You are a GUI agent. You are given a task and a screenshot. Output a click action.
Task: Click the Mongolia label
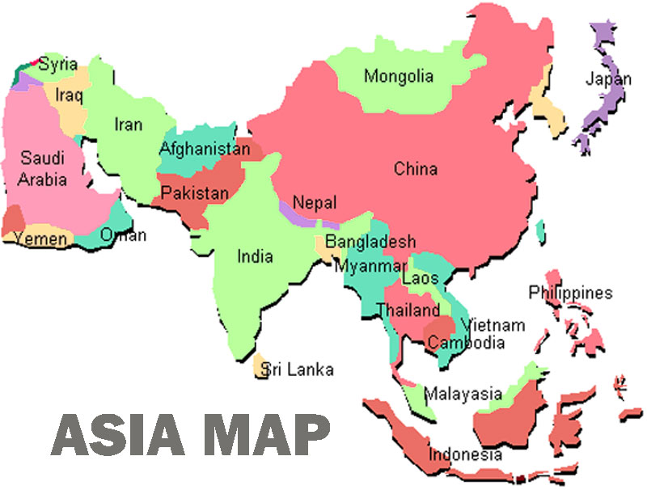[x=398, y=77]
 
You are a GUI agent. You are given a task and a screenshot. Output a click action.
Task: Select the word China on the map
[x=416, y=169]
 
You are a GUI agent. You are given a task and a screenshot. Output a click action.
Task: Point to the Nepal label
[x=315, y=203]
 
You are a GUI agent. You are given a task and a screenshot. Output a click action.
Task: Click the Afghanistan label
[x=205, y=149]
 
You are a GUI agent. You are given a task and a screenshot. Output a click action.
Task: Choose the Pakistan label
[x=194, y=194]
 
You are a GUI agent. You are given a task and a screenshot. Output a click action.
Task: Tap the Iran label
[x=129, y=125]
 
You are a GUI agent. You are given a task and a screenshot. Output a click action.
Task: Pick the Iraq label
[x=70, y=95]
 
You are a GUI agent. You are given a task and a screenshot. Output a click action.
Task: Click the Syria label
[x=58, y=64]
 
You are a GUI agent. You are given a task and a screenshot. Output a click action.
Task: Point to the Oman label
[x=124, y=235]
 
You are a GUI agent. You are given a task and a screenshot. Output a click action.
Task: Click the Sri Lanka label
[x=297, y=370]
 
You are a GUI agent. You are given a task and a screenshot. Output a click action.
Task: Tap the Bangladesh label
[x=370, y=241]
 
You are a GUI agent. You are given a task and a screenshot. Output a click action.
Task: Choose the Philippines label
[x=571, y=293]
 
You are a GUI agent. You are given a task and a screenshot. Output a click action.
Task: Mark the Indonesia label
[x=465, y=454]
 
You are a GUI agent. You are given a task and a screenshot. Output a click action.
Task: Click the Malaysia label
[x=463, y=395]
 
